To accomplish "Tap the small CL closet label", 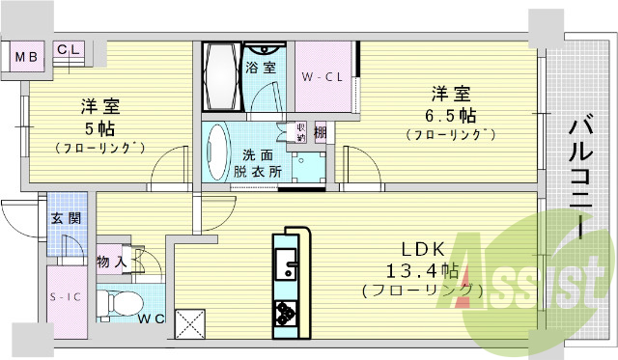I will [69, 49].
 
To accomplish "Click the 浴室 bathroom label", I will [258, 68].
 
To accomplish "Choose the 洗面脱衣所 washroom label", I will [257, 162].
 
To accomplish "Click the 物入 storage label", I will [111, 261].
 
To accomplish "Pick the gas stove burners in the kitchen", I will [288, 311].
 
